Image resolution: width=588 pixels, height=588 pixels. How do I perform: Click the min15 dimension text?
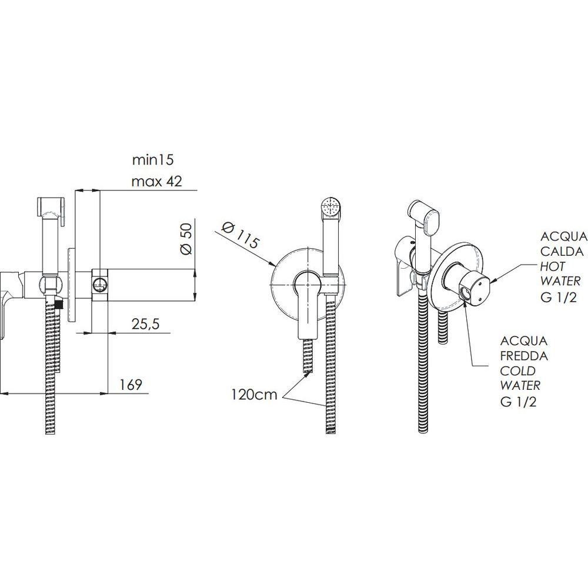[x=153, y=160]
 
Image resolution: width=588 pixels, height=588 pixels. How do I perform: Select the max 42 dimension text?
[x=157, y=182]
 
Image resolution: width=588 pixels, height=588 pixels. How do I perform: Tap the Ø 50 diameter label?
[x=186, y=239]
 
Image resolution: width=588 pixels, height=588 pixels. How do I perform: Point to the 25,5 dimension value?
[x=145, y=323]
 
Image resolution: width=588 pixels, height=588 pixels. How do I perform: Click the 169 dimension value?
[x=131, y=385]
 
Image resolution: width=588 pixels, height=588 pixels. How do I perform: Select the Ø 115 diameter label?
[x=240, y=236]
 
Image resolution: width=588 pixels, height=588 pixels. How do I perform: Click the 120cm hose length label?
[x=254, y=395]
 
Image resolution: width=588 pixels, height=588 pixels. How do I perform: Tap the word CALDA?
[x=562, y=251]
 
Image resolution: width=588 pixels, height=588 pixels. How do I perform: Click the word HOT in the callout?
[x=553, y=266]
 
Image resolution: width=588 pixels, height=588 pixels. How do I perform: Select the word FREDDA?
[x=524, y=356]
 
